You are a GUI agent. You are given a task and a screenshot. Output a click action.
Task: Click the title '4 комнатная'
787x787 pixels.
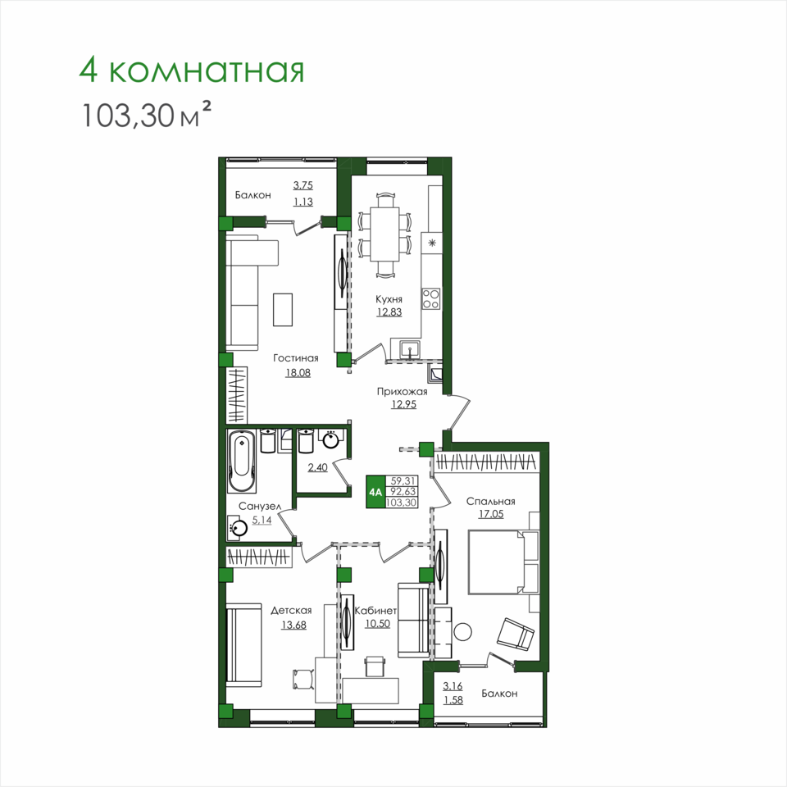point(191,71)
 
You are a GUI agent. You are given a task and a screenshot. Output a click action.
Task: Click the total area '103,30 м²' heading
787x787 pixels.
point(146,115)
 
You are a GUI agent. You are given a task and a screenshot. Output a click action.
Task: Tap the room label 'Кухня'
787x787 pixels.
point(389,299)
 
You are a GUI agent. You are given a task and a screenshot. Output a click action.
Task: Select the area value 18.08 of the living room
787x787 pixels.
point(298,373)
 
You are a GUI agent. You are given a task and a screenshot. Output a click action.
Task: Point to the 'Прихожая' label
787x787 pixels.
point(402,392)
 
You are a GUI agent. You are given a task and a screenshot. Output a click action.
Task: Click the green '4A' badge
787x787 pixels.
point(375,492)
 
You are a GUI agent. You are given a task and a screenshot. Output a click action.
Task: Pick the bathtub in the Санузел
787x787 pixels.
point(242,460)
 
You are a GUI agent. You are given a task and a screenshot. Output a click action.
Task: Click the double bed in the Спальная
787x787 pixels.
point(503,562)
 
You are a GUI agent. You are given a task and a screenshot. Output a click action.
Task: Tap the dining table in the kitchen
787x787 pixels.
point(385,234)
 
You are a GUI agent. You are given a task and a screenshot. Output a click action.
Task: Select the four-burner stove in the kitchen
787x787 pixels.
point(431,298)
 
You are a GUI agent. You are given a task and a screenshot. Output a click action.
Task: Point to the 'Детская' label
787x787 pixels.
point(291,610)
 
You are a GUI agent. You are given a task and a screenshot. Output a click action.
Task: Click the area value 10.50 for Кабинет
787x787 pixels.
point(377,624)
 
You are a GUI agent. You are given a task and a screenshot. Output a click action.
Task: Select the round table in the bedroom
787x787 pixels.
point(462,631)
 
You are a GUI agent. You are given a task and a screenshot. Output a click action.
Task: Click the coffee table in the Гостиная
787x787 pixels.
point(283,310)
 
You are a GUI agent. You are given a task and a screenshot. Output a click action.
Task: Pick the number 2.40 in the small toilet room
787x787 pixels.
point(318,467)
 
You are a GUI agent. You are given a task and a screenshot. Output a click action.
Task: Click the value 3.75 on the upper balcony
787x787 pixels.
point(303,185)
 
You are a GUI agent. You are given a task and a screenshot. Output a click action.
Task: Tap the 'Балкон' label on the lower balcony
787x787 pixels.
point(499,694)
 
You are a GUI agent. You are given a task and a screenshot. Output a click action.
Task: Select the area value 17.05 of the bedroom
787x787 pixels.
point(491,513)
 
